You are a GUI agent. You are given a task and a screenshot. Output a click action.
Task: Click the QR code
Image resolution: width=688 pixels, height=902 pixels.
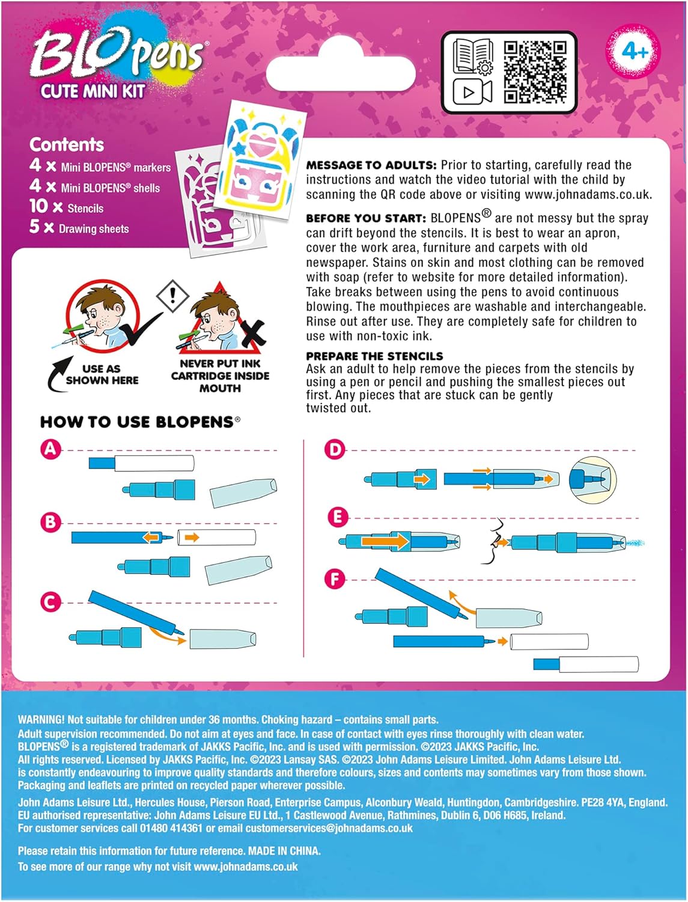(535, 72)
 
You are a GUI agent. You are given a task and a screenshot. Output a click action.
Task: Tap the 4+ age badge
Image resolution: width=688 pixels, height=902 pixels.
(635, 52)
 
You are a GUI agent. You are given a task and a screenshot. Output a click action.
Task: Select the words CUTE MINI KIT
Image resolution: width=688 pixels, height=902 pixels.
(93, 91)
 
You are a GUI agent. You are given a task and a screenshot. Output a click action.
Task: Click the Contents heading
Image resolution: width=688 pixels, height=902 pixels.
(67, 145)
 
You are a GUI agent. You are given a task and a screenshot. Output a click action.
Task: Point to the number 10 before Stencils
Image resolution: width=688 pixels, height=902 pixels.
(38, 207)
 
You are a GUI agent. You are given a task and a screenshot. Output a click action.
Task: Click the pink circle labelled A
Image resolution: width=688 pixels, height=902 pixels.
(50, 449)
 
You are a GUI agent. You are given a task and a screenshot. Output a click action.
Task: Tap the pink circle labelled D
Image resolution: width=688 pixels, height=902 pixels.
(334, 449)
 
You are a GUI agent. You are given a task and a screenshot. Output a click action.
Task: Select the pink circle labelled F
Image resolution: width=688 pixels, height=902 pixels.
(335, 579)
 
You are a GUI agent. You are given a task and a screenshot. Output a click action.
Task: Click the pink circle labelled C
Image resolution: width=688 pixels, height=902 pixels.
(50, 602)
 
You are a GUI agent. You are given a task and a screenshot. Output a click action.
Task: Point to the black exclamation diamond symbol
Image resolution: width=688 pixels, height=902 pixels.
(172, 295)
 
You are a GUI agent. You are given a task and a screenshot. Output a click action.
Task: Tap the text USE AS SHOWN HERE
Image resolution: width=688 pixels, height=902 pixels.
(102, 375)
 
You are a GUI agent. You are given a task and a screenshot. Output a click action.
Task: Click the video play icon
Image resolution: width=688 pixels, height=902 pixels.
(472, 92)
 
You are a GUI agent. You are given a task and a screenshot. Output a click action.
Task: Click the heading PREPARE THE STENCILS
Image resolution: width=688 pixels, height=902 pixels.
(374, 356)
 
